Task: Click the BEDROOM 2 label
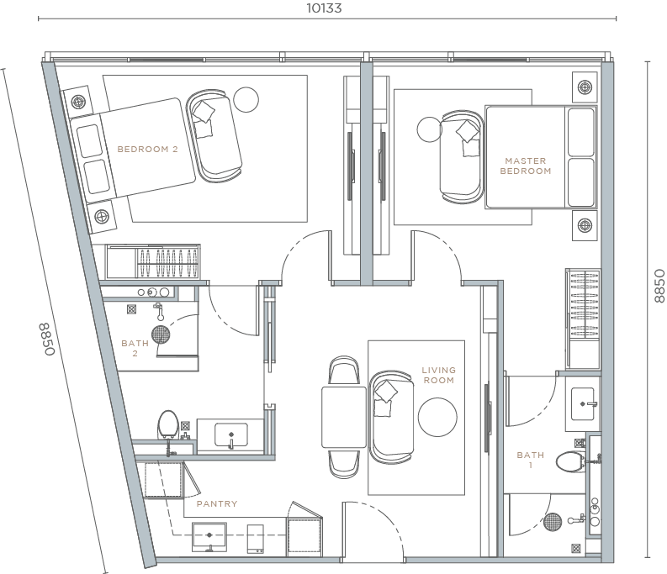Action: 147,150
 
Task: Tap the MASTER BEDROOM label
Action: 525,166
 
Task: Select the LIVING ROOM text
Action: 438,375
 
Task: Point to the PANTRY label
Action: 216,504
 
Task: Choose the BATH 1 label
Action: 530,460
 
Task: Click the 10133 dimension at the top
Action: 325,8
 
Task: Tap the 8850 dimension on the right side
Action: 659,286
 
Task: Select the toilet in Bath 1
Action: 572,461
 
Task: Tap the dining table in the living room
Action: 343,417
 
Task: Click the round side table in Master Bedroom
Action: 428,129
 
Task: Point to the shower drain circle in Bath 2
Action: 161,334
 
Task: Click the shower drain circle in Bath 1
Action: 552,522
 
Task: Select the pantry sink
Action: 208,535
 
